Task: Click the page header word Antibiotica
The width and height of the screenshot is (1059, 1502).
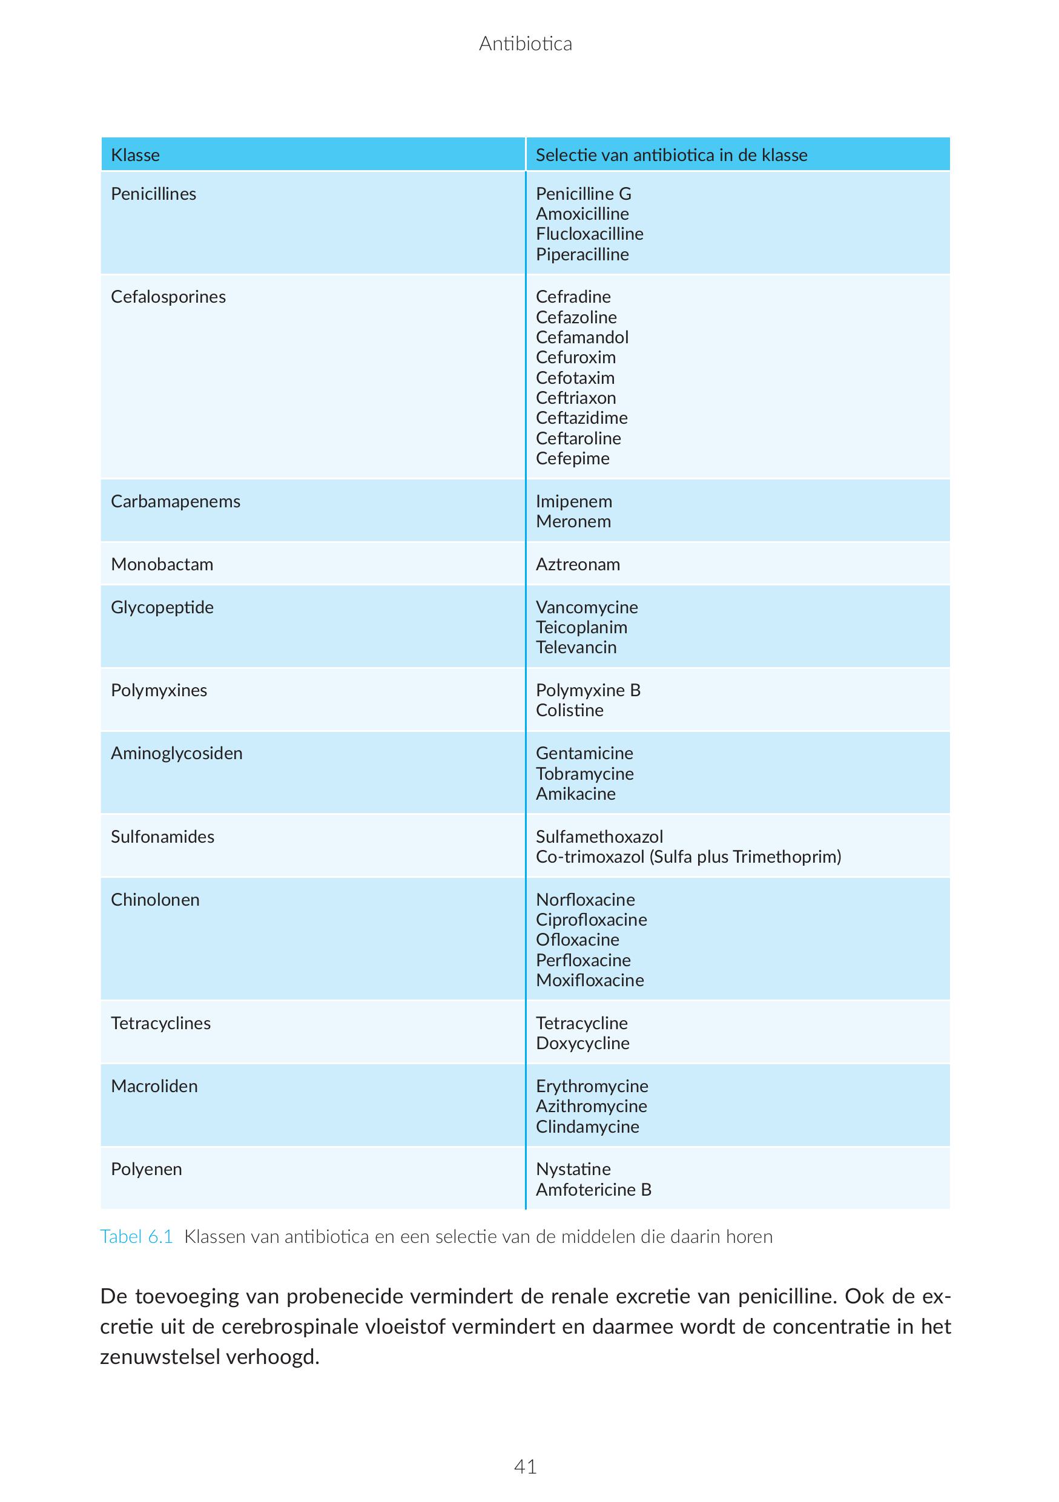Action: [525, 44]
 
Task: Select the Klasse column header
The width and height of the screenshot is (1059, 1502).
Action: [136, 155]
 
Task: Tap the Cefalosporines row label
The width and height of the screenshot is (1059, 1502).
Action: [168, 297]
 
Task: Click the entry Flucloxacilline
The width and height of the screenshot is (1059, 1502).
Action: [589, 234]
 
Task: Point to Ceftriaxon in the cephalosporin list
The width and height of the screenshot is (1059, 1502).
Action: [576, 398]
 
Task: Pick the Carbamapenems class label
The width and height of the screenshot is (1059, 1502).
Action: [176, 502]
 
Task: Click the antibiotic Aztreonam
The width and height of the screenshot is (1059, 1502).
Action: [578, 565]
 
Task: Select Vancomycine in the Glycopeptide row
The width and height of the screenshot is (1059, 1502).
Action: [587, 608]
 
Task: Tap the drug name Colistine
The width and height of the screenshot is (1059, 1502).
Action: [569, 711]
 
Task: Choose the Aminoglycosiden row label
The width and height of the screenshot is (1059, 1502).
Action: [177, 754]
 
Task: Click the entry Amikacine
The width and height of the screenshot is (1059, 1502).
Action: [576, 794]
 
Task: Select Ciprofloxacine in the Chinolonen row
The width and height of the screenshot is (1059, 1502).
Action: [592, 920]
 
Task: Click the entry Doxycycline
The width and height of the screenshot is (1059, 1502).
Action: [582, 1044]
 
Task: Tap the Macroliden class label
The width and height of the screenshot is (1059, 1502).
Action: [154, 1087]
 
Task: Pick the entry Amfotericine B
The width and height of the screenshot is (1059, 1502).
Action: [593, 1190]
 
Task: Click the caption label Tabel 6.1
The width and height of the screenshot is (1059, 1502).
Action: [136, 1237]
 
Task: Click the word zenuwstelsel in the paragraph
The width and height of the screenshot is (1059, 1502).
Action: [160, 1357]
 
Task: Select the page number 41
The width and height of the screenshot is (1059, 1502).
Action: [525, 1467]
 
